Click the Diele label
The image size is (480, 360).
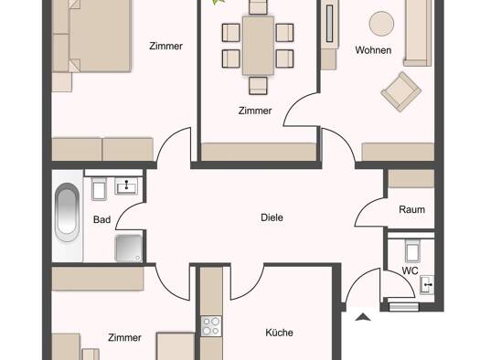272,217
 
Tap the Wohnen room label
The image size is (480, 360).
373,50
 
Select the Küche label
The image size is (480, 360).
279,333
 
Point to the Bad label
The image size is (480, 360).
101,219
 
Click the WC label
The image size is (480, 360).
410,270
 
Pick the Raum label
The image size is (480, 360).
411,210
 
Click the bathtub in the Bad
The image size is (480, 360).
67,212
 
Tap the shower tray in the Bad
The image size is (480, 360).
129,249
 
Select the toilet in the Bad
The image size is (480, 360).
99,188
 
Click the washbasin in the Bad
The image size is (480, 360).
126,186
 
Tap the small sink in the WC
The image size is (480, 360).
427,285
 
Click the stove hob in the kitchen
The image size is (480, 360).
211,326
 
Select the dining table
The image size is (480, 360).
258,46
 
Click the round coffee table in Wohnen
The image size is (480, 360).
381,24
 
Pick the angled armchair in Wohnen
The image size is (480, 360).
401,91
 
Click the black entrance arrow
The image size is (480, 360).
363,317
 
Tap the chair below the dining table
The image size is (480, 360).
258,85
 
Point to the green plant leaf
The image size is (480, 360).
219,2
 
